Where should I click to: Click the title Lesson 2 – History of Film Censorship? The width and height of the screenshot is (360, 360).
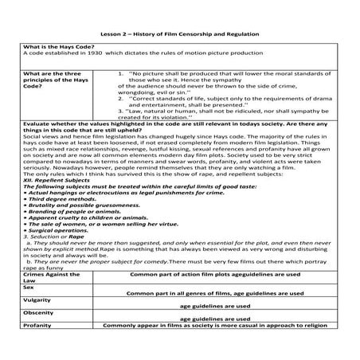179,36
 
